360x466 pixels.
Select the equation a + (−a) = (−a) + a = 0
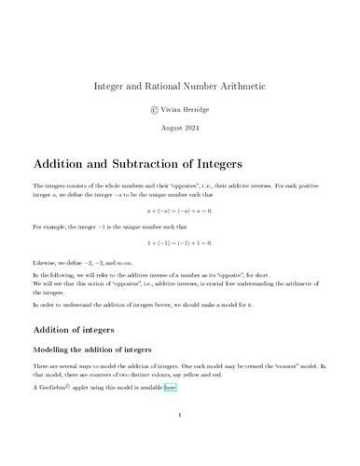(180, 212)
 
